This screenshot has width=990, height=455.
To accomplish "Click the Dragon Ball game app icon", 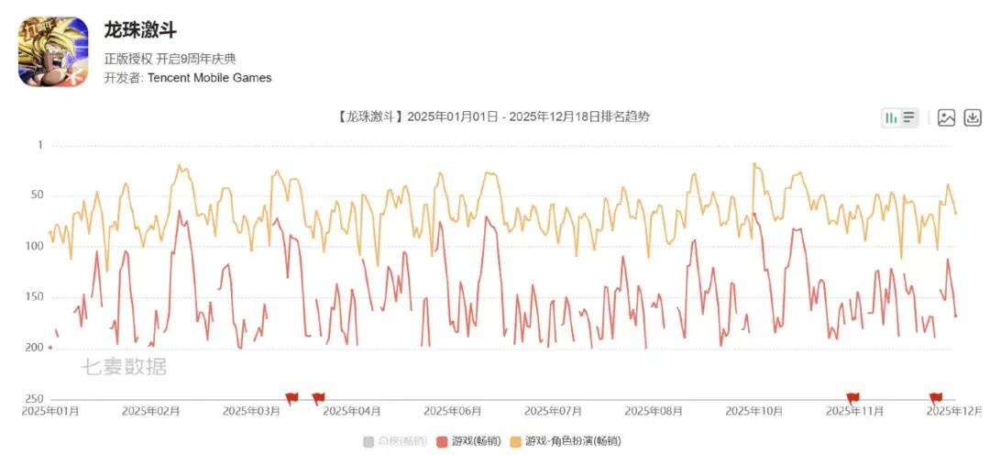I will [x=53, y=51].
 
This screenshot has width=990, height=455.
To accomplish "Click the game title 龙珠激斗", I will [x=140, y=30].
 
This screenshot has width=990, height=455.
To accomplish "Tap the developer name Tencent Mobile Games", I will [x=209, y=78].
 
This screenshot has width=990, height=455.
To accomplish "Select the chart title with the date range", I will [x=494, y=117].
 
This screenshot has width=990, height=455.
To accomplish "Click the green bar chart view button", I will [x=889, y=117].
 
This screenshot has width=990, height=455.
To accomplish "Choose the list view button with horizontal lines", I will [x=908, y=117].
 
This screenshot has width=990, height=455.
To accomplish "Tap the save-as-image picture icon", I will [x=947, y=117].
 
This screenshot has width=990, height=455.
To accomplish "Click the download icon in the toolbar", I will [x=973, y=117].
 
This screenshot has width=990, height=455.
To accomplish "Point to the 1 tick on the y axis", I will [x=40, y=145].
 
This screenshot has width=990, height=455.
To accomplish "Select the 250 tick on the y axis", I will [x=35, y=398].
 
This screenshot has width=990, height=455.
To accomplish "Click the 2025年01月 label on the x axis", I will [x=50, y=411].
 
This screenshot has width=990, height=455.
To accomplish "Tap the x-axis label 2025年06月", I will [x=453, y=411].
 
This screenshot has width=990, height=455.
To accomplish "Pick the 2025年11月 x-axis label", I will [x=854, y=411].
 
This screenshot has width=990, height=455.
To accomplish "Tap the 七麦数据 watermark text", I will [x=125, y=367].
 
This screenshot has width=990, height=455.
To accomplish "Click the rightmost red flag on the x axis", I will [x=936, y=397].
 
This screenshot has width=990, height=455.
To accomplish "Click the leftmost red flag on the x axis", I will [x=291, y=397].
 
